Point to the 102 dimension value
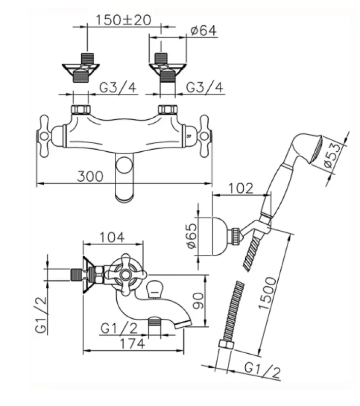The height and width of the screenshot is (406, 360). point(240,188)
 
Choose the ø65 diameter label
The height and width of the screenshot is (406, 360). point(191,237)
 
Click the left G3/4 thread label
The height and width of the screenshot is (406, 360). point(118,87)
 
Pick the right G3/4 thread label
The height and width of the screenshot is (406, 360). point(205,87)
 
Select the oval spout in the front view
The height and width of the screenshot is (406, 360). point(123,179)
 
